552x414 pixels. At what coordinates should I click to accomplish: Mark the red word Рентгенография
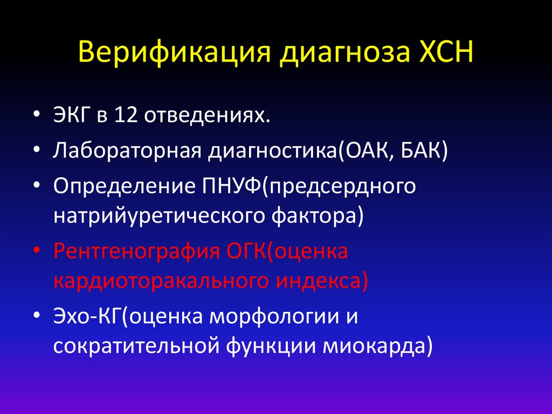click(x=135, y=253)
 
